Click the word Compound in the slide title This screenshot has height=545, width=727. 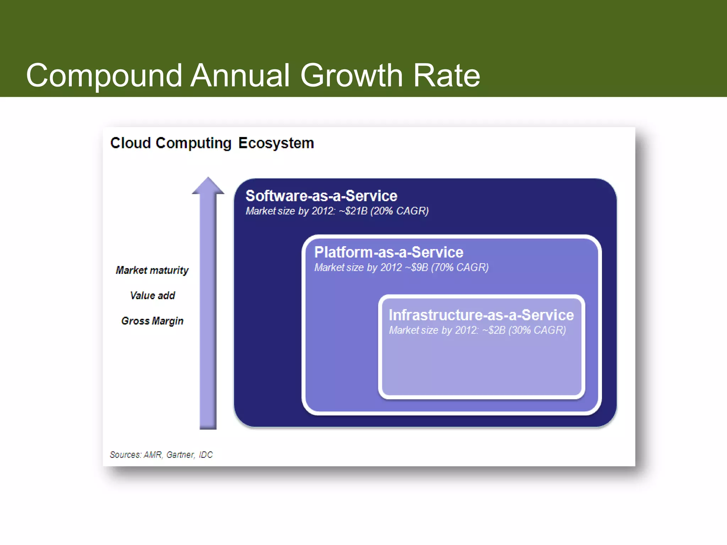tap(104, 76)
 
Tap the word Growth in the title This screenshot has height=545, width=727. tap(351, 76)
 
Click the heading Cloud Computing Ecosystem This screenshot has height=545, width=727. tap(212, 143)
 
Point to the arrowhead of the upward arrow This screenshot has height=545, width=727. tap(208, 186)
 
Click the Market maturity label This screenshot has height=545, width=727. tap(152, 270)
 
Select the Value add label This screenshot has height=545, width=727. tap(152, 296)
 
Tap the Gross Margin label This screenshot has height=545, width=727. tap(152, 321)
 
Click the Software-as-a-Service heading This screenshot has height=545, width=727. tap(321, 196)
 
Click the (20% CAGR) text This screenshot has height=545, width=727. tap(399, 211)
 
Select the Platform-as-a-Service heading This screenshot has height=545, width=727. tap(389, 252)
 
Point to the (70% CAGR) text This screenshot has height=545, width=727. tap(460, 268)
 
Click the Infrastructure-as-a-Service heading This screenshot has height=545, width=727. tap(481, 315)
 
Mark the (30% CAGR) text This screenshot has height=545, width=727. tap(537, 330)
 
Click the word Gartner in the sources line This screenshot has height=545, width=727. tap(181, 455)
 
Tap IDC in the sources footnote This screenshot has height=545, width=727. tap(206, 455)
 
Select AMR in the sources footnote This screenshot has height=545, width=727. tap(153, 455)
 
